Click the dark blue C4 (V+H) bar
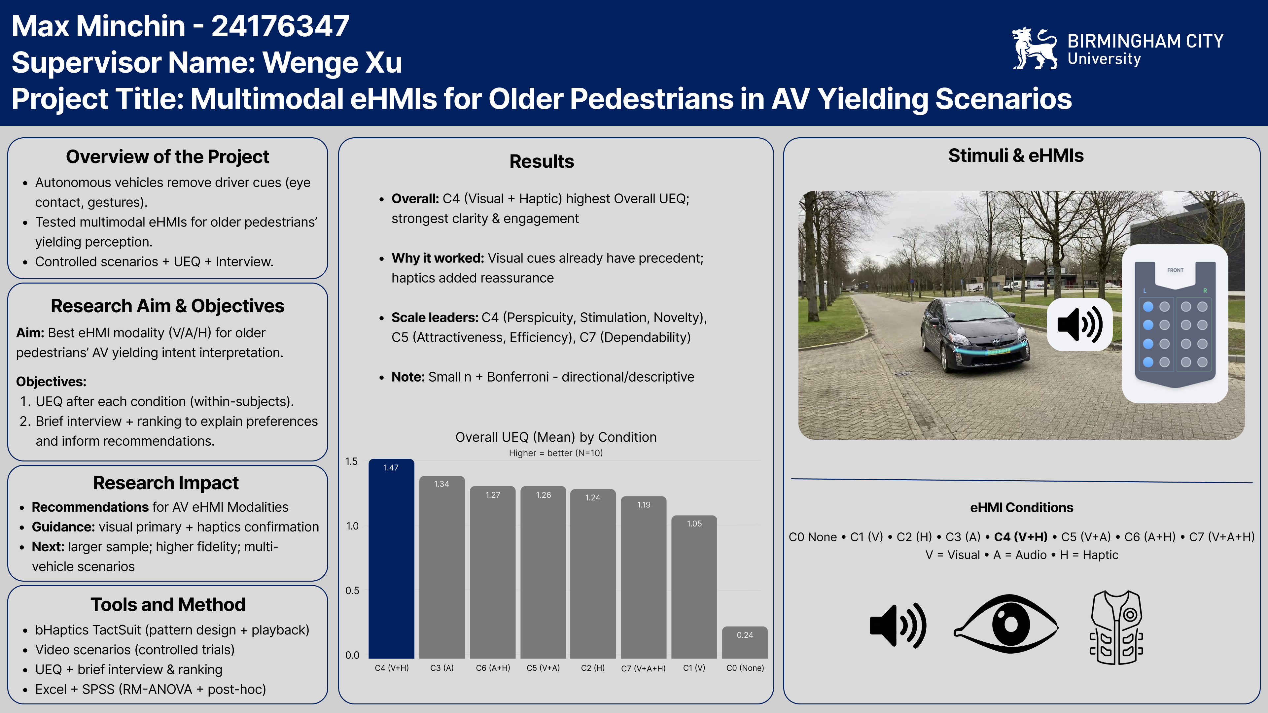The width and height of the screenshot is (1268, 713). click(391, 559)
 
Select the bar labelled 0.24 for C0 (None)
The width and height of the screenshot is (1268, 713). click(745, 642)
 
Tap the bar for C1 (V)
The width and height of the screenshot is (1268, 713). click(694, 587)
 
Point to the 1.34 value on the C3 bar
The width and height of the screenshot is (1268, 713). click(441, 484)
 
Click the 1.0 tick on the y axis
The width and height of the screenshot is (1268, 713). click(352, 526)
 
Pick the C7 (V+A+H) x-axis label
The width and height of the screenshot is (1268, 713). click(643, 668)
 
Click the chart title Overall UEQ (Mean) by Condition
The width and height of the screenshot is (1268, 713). click(556, 437)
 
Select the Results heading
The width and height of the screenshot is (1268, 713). click(542, 161)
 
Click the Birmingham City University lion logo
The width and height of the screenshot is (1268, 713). click(1034, 48)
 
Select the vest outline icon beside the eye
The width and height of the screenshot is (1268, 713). click(1116, 628)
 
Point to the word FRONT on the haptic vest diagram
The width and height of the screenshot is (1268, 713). click(1175, 270)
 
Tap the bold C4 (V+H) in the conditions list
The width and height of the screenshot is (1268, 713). click(1020, 537)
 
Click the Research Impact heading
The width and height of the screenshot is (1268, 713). click(166, 483)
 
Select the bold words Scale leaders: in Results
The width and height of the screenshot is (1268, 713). click(435, 317)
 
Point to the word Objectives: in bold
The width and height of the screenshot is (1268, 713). click(51, 382)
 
